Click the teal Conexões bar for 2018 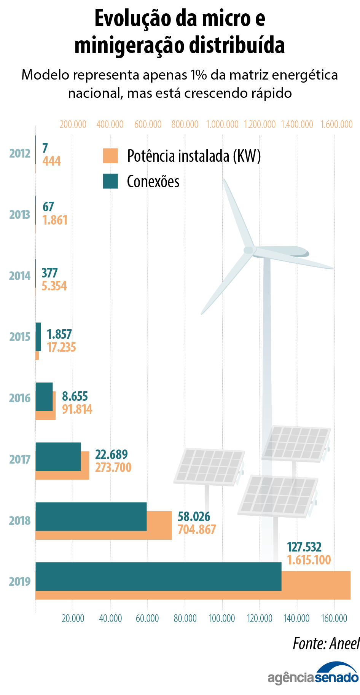tap(91, 516)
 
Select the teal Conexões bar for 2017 tap(58, 456)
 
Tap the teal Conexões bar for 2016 tap(44, 397)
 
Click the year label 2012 tap(20, 153)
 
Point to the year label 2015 tap(20, 337)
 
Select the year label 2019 tap(20, 582)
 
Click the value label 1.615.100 tap(309, 560)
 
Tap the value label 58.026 tap(194, 516)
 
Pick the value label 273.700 tap(113, 467)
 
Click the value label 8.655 tap(75, 397)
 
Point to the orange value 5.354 tap(54, 286)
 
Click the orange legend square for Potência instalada tap(110, 156)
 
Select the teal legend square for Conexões tap(110, 181)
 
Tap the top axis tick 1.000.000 tap(222, 124)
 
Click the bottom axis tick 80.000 tap(185, 618)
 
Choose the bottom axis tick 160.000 tap(334, 618)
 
